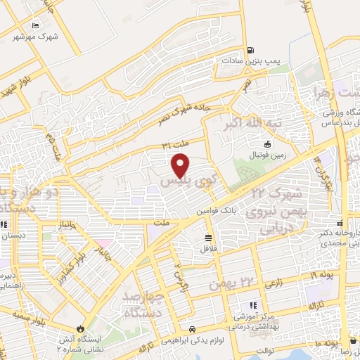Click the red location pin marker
click(181, 165)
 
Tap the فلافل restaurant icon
click(208, 238)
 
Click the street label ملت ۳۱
click(176, 145)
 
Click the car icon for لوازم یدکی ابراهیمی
click(202, 329)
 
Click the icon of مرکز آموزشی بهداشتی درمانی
click(254, 304)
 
